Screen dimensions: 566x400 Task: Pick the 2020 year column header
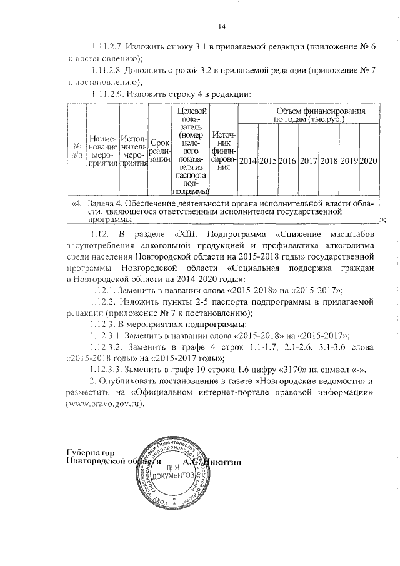click(x=369, y=161)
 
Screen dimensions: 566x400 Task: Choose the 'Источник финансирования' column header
click(x=224, y=150)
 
